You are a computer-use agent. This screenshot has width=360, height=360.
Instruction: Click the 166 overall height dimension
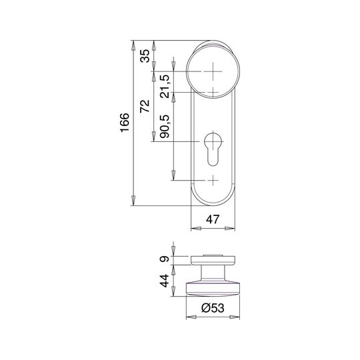coord(125,123)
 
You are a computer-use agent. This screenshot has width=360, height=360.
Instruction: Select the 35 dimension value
coord(145,56)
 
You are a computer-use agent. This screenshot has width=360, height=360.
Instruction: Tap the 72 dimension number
coord(145,106)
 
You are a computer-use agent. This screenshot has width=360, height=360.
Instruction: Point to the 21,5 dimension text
coord(165,86)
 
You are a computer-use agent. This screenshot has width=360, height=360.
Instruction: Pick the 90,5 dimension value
coord(165,126)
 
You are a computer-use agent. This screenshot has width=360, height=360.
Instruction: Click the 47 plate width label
coord(213,219)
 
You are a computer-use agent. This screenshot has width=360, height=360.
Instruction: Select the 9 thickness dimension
coord(165,259)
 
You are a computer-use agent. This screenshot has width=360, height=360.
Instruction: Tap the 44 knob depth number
coord(165,281)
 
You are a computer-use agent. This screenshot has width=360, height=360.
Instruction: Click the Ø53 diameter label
coord(213,308)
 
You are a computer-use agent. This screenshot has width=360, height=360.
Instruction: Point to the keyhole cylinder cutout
coord(213,149)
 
